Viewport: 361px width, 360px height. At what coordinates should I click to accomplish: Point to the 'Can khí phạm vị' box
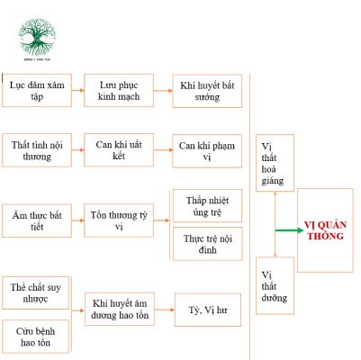point(207,150)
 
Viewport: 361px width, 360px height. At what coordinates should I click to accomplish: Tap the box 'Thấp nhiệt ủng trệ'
point(207,204)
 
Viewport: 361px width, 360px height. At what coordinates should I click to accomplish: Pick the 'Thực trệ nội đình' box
point(207,243)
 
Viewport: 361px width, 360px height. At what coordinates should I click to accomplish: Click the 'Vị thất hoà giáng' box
point(272,163)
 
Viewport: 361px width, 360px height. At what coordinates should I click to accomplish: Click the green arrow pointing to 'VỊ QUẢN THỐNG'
point(288,230)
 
